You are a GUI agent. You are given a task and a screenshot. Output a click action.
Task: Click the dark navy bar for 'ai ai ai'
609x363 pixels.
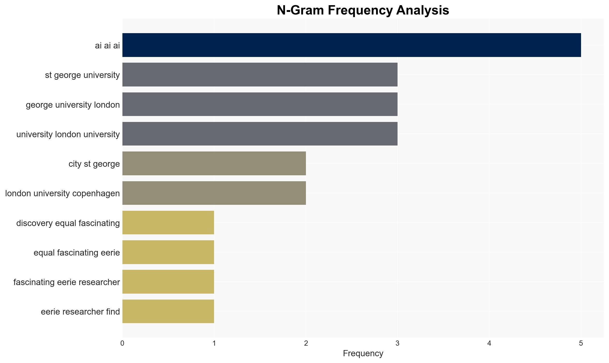point(352,45)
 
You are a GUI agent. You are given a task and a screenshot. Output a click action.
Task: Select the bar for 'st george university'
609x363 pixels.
point(260,75)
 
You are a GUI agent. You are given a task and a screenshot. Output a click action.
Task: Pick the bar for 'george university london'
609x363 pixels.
point(260,104)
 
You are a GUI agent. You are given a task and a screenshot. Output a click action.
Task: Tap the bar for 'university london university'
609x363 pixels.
point(260,134)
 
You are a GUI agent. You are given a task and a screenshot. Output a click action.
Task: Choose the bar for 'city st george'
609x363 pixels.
point(214,163)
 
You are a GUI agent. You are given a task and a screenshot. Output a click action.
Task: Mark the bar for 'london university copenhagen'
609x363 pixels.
point(214,193)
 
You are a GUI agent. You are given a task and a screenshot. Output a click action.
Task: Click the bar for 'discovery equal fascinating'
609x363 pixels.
point(168,223)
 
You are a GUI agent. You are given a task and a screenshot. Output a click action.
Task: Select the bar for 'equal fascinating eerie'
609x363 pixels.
point(168,252)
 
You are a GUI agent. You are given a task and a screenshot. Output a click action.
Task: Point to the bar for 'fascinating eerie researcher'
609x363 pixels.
point(168,282)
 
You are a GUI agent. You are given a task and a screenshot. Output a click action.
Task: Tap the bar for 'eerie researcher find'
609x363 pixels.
point(168,311)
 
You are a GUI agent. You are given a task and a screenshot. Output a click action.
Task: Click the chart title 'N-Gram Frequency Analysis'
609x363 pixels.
point(363,10)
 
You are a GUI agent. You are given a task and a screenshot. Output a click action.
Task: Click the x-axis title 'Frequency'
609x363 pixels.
point(363,353)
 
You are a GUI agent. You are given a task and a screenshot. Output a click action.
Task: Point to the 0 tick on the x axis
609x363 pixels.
point(122,344)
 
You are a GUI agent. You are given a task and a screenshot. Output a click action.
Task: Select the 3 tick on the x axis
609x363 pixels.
point(398,344)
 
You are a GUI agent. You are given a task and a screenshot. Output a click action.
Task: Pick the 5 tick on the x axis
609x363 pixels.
point(581,344)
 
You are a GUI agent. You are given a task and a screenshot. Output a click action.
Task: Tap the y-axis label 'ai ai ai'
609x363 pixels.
point(107,46)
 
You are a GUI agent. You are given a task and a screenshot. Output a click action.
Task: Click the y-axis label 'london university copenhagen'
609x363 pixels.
point(62,194)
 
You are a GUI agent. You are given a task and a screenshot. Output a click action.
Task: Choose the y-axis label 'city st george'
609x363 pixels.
point(94,164)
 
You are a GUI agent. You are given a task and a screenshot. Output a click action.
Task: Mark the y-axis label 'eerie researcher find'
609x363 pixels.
point(80,312)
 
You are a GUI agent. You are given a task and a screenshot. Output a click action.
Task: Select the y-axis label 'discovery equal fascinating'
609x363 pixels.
point(68,223)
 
